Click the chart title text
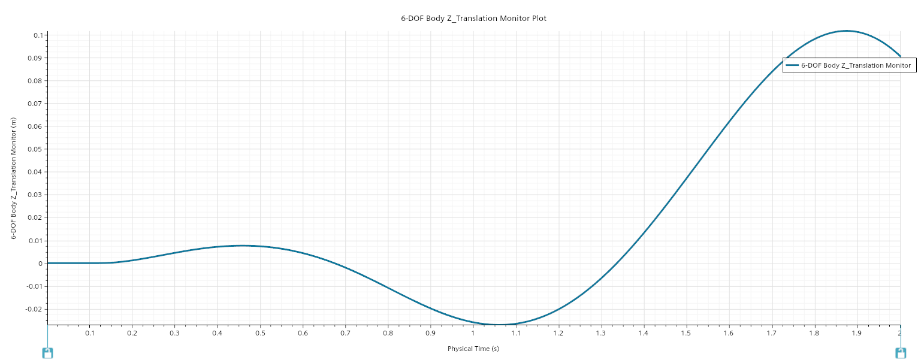click(473, 19)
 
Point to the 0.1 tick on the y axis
click(37, 35)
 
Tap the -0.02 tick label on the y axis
click(35, 309)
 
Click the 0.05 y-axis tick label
click(36, 149)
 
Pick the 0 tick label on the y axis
click(41, 264)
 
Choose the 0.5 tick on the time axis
click(260, 333)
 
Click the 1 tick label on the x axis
click(473, 333)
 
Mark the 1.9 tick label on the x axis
click(856, 333)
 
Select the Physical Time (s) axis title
click(473, 349)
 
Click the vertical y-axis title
click(14, 179)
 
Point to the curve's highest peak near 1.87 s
click(846, 31)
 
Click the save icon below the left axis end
click(48, 353)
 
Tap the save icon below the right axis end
click(900, 353)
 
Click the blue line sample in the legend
click(792, 65)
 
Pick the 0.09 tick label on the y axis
click(36, 58)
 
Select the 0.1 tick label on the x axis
click(90, 333)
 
